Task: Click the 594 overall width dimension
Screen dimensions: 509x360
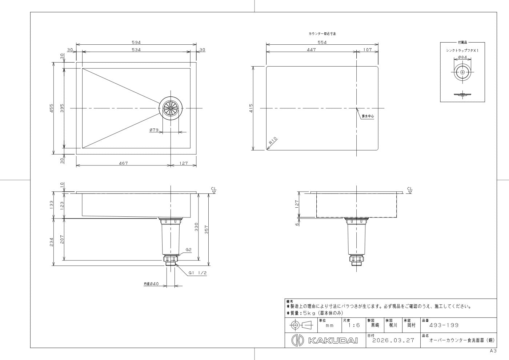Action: point(136,42)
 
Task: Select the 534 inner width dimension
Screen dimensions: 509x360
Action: point(136,49)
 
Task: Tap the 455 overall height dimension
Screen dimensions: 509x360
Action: point(52,108)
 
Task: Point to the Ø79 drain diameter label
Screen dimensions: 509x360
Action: point(154,130)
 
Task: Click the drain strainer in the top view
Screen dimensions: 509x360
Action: point(171,108)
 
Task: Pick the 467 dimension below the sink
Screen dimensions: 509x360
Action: point(123,163)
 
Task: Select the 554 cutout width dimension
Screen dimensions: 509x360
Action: point(322,42)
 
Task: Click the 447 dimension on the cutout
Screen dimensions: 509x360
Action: point(311,49)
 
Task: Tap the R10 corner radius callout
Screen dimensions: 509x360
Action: point(273,141)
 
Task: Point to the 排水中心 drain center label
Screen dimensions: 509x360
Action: point(368,116)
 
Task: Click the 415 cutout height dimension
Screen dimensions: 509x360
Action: point(251,108)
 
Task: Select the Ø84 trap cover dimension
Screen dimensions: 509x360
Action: point(462,57)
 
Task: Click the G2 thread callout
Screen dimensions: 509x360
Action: point(189,250)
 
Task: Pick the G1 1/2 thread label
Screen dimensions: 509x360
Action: point(198,273)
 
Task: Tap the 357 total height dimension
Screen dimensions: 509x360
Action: point(207,229)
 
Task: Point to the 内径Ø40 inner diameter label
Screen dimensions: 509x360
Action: point(151,284)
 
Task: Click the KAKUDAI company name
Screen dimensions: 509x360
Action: point(333,340)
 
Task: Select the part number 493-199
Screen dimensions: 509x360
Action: point(444,325)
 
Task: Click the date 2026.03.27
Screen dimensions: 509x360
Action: point(393,340)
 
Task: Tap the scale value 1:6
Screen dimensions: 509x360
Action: point(354,325)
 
